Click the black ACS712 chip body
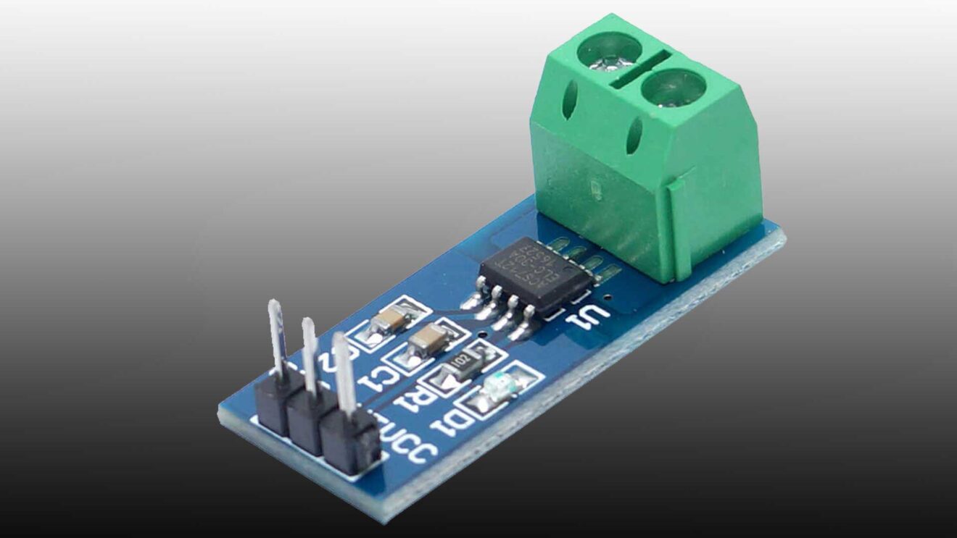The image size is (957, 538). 536,274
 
